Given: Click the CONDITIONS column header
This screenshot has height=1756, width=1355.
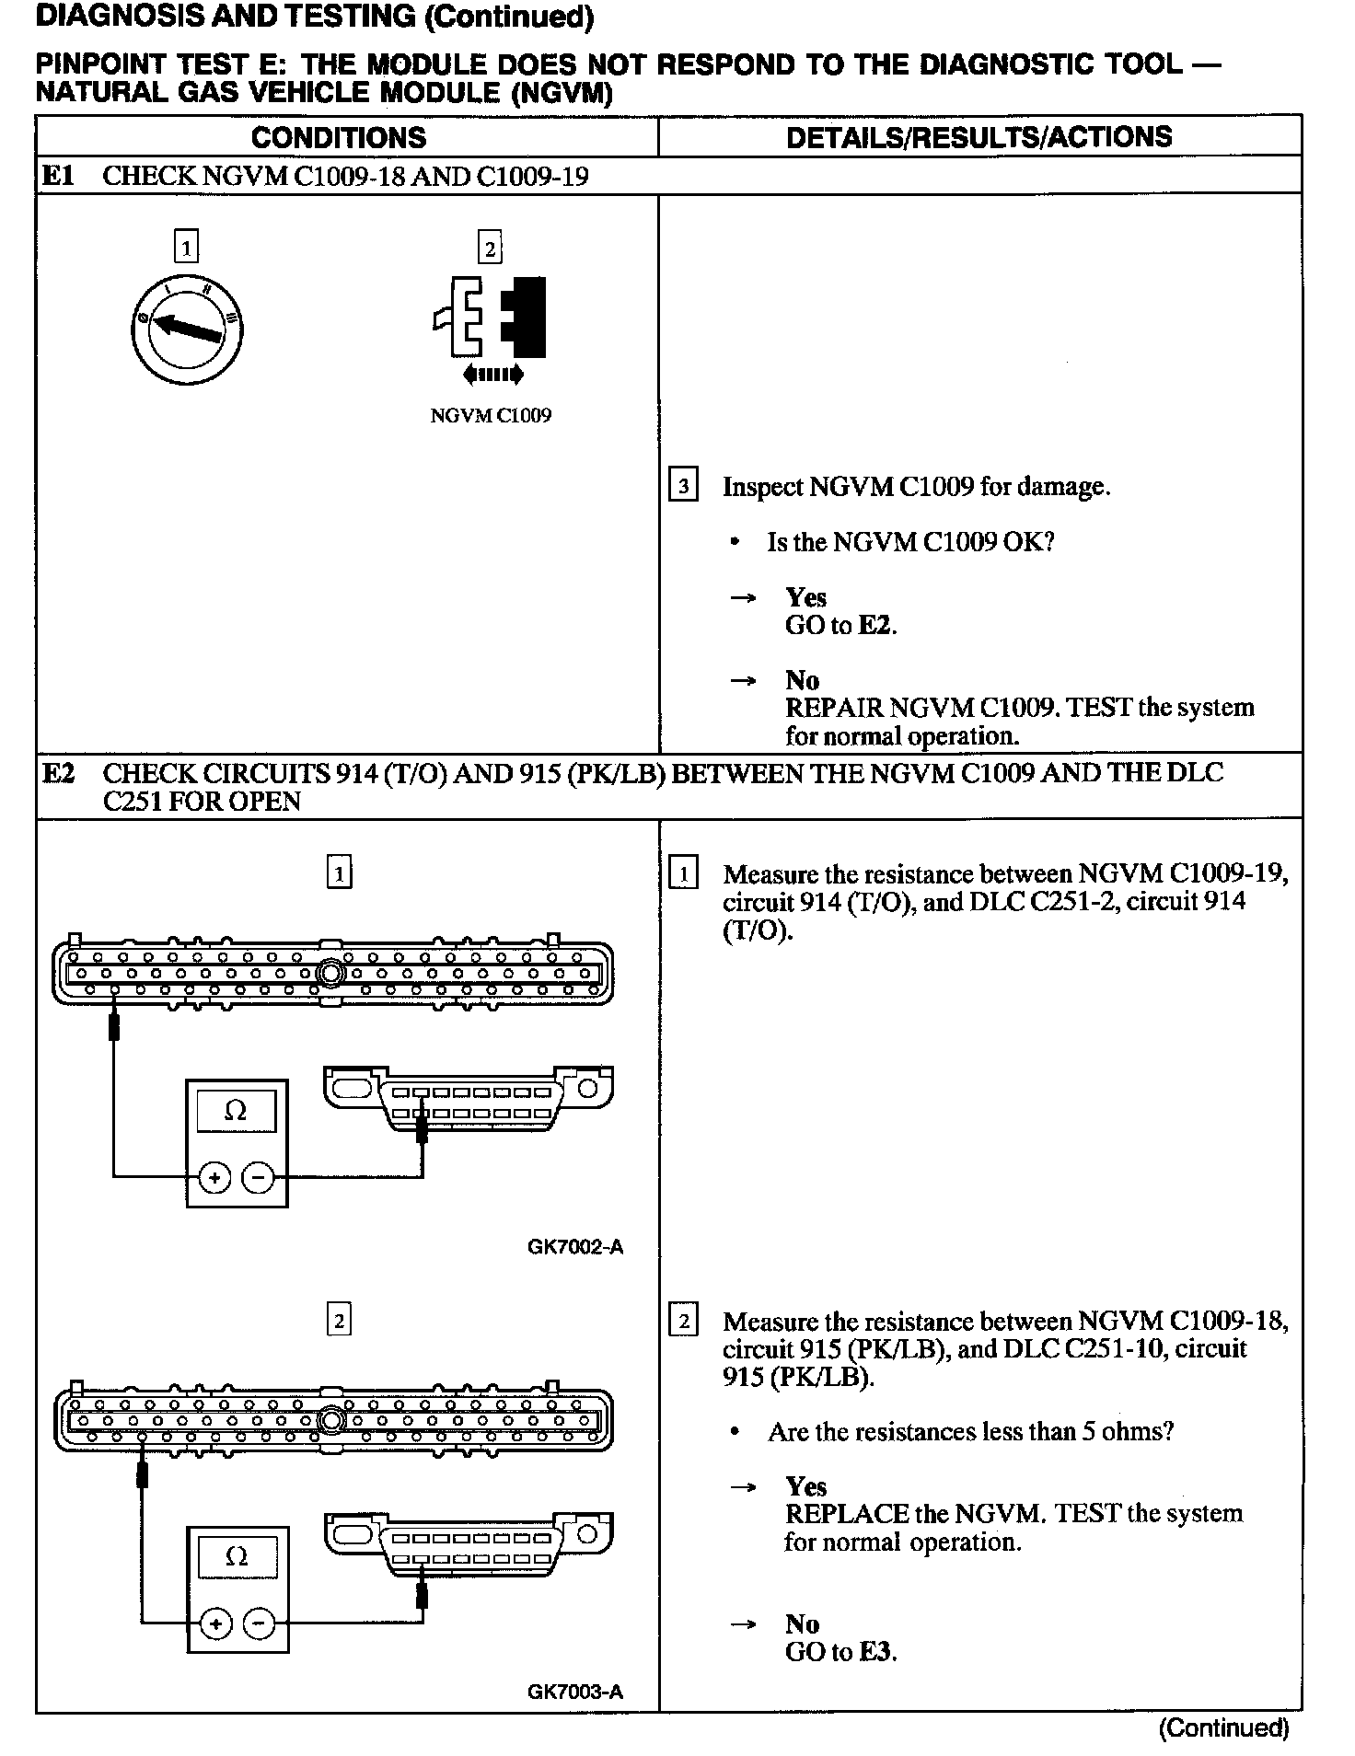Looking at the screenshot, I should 339,138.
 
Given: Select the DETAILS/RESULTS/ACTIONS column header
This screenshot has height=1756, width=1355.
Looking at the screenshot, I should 979,137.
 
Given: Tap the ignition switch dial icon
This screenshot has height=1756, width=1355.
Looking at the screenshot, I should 187,328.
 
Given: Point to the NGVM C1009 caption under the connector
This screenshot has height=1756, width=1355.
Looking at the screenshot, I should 491,416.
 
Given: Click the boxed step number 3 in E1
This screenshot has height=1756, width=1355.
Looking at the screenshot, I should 682,485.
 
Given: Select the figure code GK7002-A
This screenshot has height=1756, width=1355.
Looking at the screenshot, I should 575,1247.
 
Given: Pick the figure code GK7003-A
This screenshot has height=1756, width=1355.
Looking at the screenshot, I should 575,1692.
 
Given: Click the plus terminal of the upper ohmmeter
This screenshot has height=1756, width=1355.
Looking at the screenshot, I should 214,1177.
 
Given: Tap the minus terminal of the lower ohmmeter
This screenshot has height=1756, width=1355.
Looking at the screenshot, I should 259,1623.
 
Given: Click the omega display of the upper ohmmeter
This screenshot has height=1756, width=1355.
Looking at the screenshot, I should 236,1112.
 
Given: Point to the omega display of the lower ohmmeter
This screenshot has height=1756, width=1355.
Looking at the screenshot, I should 236,1556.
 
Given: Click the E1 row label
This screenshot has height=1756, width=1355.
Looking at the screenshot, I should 58,176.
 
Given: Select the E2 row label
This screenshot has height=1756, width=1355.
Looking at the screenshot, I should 58,773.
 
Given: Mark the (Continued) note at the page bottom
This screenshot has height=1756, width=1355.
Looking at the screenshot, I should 1223,1728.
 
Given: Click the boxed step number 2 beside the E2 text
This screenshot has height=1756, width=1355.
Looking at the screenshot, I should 683,1322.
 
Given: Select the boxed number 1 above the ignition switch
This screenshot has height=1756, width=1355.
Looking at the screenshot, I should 186,248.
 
